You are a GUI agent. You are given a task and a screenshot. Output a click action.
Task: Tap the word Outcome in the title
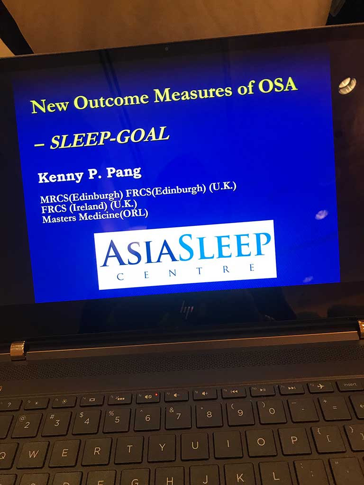pyautogui.click(x=111, y=99)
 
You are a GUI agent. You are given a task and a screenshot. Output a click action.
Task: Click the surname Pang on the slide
pyautogui.click(x=124, y=172)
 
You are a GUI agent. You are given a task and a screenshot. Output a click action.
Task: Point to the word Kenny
pyautogui.click(x=61, y=177)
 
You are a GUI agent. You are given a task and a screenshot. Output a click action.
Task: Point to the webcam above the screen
pyautogui.click(x=166, y=49)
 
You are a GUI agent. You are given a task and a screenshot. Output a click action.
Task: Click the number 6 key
pyautogui.click(x=148, y=417)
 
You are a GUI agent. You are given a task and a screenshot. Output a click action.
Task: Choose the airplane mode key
pyautogui.click(x=321, y=386)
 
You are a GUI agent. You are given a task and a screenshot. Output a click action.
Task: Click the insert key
pyautogui.click(x=350, y=385)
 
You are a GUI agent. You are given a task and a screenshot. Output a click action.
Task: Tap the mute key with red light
pyautogui.click(x=148, y=396)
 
